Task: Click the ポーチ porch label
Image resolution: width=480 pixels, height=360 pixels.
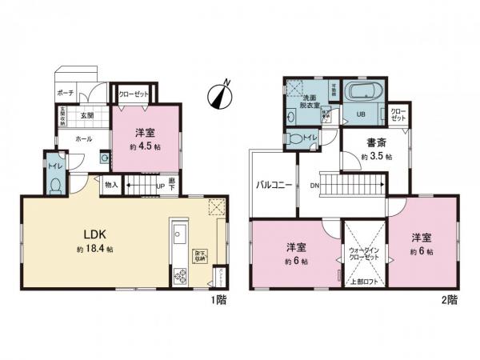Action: pyautogui.click(x=66, y=93)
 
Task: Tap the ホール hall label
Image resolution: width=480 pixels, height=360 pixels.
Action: pyautogui.click(x=82, y=138)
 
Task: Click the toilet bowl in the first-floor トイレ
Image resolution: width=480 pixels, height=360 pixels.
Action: pyautogui.click(x=54, y=186)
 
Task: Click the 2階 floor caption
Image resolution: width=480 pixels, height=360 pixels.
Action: pyautogui.click(x=447, y=301)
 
